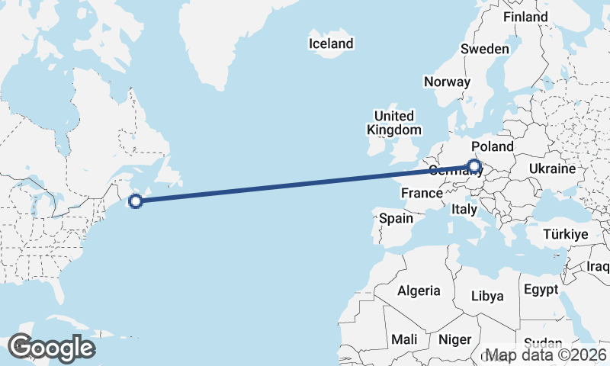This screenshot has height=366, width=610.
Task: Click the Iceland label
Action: [331, 43]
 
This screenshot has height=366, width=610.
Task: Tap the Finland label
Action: [525, 16]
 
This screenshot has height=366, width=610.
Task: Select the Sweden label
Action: [484, 49]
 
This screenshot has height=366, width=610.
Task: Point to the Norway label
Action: [447, 82]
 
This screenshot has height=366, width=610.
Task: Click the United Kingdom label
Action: [393, 123]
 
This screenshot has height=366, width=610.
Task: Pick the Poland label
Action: [493, 146]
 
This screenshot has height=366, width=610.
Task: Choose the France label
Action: [422, 193]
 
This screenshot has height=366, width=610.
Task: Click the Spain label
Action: [396, 218]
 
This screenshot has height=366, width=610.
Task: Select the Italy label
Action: [464, 208]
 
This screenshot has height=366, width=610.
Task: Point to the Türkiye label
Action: [565, 234]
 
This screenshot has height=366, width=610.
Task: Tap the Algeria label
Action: [418, 291]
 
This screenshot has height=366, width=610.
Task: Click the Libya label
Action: [488, 296]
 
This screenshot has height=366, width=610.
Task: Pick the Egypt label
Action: [541, 290]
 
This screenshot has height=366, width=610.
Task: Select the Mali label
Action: [404, 339]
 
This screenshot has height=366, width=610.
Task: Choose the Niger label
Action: [455, 339]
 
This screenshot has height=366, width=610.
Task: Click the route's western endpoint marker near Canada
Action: [136, 201]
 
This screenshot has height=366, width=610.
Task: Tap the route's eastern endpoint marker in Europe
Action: [475, 165]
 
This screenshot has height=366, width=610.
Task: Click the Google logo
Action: [51, 348]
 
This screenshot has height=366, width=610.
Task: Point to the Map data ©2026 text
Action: [547, 355]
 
